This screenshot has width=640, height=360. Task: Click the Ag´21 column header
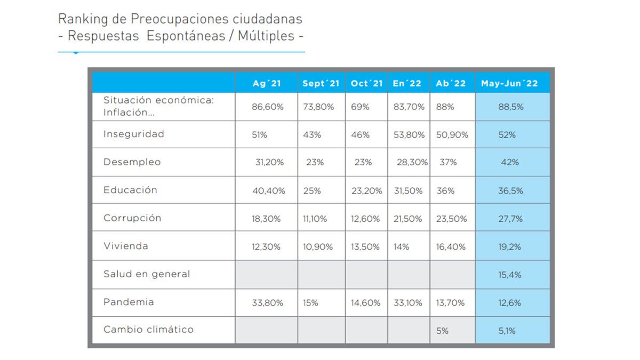coord(267,83)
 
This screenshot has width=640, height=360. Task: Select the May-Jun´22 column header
coord(509,83)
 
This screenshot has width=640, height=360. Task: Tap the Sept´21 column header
coord(321,83)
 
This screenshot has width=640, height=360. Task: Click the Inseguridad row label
coord(134,134)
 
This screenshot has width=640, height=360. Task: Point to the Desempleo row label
coord(132,162)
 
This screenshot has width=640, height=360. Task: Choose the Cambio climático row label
coord(148,330)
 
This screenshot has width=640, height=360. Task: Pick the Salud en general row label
coord(147,274)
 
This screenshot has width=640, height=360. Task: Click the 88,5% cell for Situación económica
coord(511,107)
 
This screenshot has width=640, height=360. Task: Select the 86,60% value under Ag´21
coord(268,107)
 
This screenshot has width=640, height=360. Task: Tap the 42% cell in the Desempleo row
coord(510,162)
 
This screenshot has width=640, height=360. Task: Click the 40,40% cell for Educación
coord(268,190)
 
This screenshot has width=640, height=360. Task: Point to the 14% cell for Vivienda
coord(401,247)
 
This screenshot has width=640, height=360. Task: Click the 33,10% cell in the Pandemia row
coord(409,302)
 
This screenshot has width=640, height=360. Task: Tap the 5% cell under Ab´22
coord(442,331)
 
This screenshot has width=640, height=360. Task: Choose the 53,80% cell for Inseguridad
coord(409,135)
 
